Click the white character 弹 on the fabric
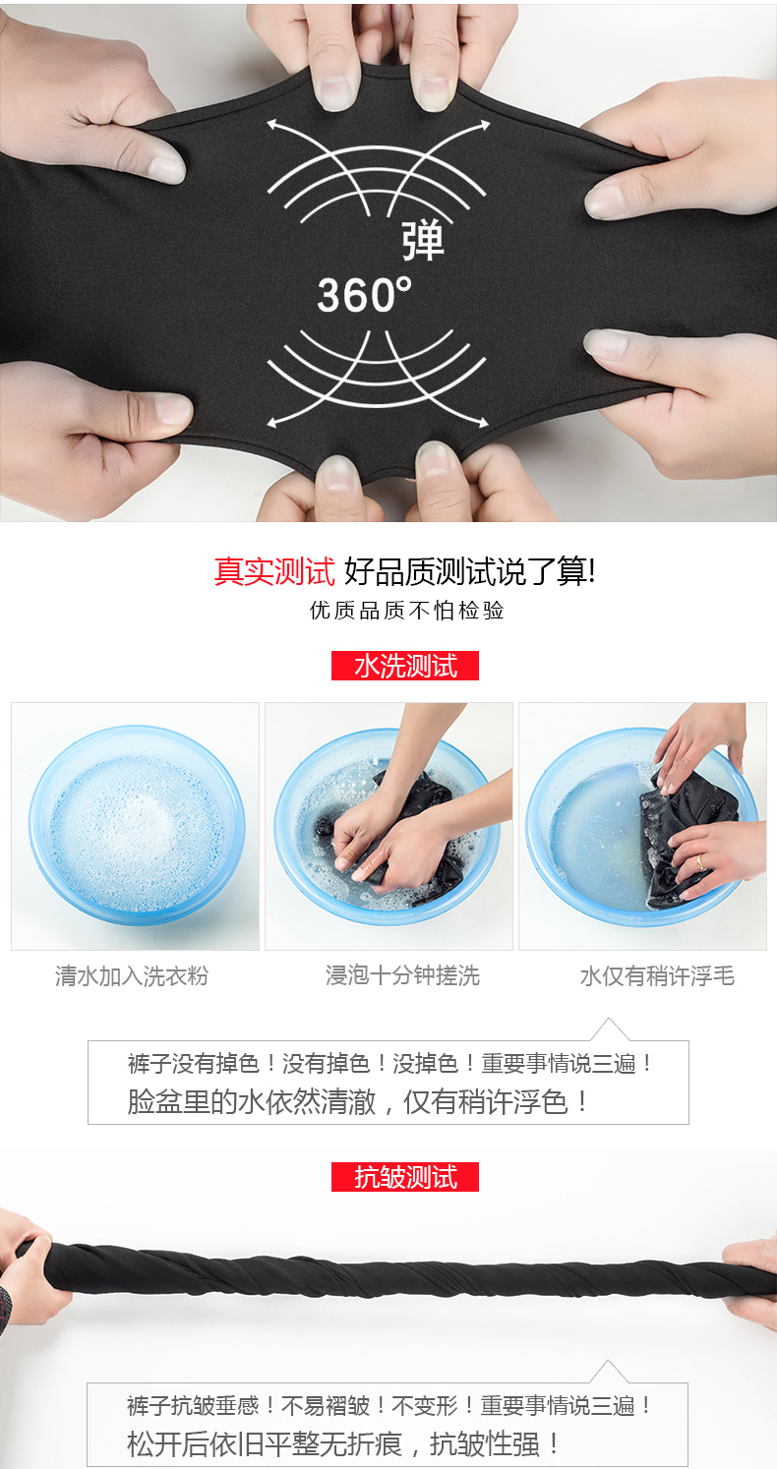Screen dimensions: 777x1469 click(x=422, y=241)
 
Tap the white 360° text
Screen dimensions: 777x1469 click(x=364, y=294)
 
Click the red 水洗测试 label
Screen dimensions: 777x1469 click(x=405, y=666)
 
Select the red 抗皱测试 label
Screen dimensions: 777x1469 click(x=405, y=1177)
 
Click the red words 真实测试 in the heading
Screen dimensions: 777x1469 click(x=274, y=571)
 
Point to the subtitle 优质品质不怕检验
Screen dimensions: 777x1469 click(x=406, y=610)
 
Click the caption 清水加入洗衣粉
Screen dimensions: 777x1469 click(x=131, y=975)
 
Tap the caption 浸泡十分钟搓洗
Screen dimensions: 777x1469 click(x=402, y=975)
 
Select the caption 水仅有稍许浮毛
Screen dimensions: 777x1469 click(x=657, y=975)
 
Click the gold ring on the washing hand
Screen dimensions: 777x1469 click(x=700, y=861)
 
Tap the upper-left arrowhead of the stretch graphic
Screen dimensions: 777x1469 click(x=271, y=124)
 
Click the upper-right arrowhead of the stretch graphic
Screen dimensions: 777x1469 click(x=485, y=124)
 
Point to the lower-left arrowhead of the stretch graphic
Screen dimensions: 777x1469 click(x=271, y=423)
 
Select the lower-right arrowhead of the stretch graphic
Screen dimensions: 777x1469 click(x=484, y=423)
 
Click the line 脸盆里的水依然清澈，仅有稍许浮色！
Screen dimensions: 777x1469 click(x=358, y=1101)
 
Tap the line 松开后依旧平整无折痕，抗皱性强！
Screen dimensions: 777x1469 click(x=343, y=1443)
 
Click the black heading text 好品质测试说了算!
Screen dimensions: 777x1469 click(x=470, y=571)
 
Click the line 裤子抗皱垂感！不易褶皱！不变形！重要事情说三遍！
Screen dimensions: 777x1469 click(x=389, y=1405)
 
